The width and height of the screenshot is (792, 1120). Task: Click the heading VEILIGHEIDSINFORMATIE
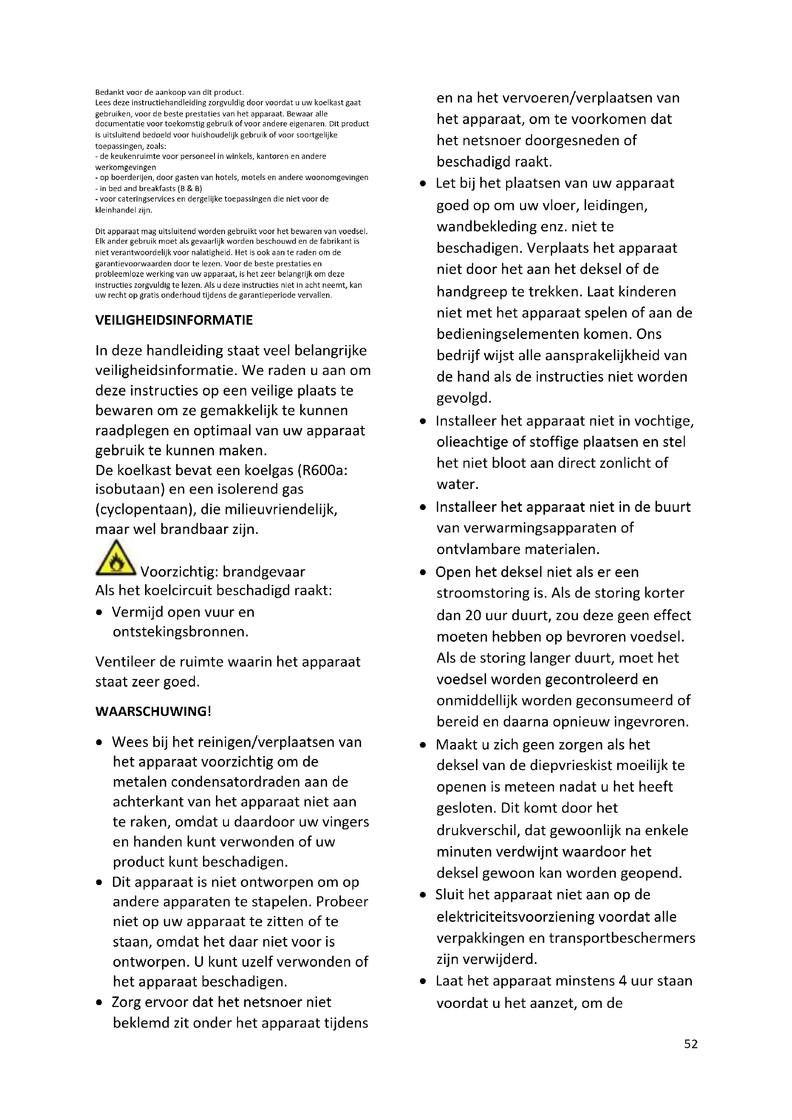pyautogui.click(x=174, y=320)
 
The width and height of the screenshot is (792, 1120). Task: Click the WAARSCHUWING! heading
pyautogui.click(x=153, y=711)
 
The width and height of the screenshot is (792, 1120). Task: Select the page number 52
pyautogui.click(x=690, y=1044)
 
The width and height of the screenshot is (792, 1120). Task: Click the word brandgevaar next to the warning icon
pyautogui.click(x=264, y=572)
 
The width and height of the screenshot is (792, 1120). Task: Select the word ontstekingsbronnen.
pyautogui.click(x=181, y=632)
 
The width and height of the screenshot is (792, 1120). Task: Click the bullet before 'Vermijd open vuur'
pyautogui.click(x=100, y=613)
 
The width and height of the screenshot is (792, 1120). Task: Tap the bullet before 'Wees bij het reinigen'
pyautogui.click(x=100, y=743)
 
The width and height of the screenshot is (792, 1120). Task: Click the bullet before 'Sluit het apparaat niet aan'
pyautogui.click(x=423, y=895)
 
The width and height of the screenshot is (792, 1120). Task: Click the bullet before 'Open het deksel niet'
pyautogui.click(x=423, y=573)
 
